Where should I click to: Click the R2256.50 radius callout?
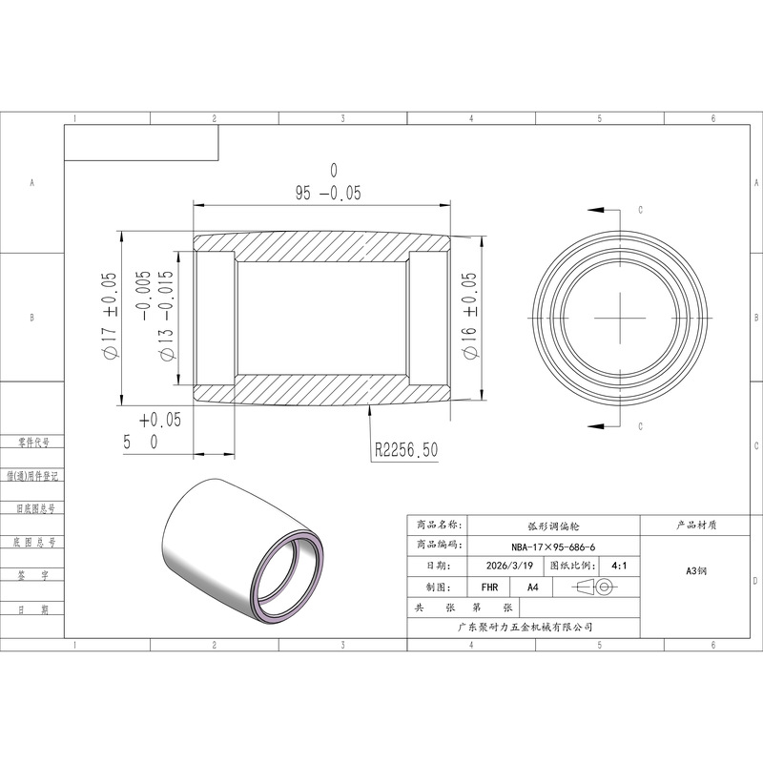406,449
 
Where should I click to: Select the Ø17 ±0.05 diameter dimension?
109,316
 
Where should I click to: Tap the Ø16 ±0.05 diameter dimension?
469,316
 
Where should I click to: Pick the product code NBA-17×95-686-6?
553,546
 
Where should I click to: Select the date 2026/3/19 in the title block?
509,566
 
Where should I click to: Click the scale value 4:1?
619,566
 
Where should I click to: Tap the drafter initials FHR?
489,588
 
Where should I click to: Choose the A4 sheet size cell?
533,588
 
